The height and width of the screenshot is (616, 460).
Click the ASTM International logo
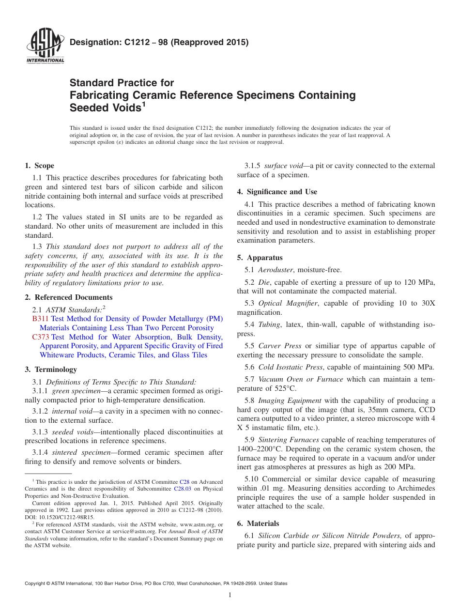coord(45,46)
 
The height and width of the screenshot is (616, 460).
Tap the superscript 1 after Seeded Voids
coord(144,105)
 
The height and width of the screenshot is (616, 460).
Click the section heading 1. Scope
coord(40,166)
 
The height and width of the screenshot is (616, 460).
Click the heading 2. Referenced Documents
coord(69,297)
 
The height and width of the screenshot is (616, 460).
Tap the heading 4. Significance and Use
coord(277,192)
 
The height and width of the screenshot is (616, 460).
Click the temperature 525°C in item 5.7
coord(281,388)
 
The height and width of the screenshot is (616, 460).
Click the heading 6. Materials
coord(258,524)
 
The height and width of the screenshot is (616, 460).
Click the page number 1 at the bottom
coord(230,595)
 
